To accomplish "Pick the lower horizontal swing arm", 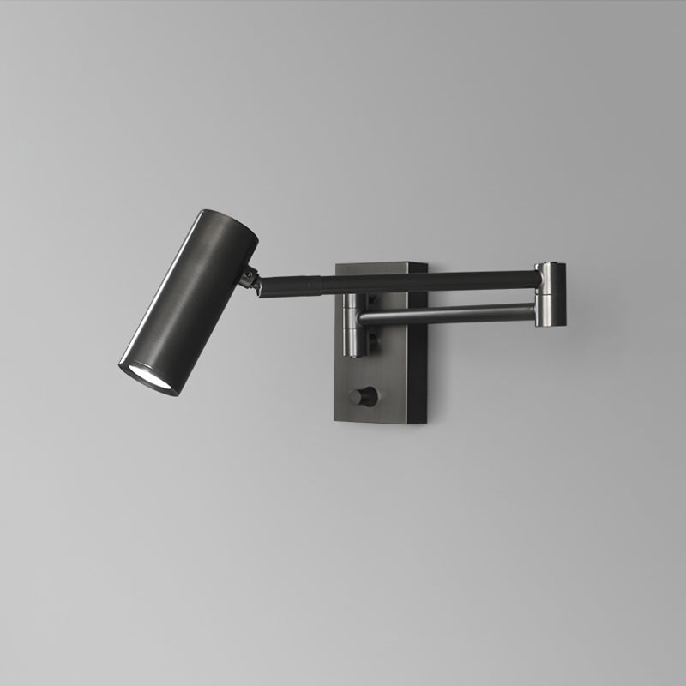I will [x=446, y=315].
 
